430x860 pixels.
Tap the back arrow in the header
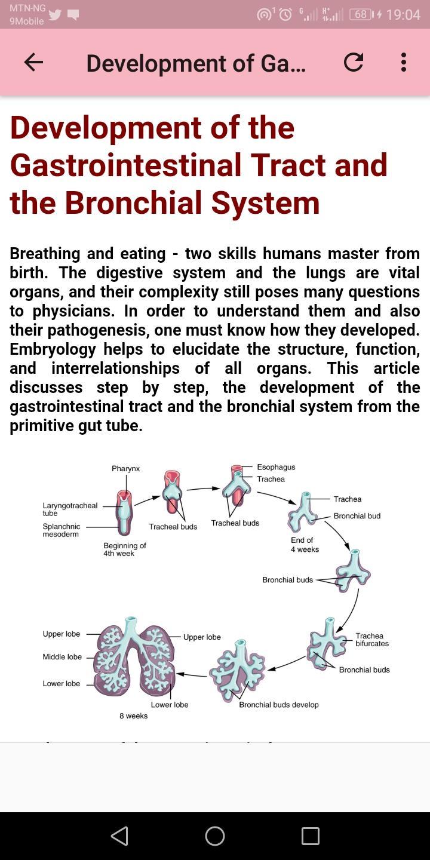coord(33,62)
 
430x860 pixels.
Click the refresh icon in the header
coord(353,62)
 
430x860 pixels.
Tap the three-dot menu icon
coord(403,62)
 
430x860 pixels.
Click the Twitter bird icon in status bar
coord(56,14)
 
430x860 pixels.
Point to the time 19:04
coord(403,14)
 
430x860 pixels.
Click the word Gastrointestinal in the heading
coord(127,165)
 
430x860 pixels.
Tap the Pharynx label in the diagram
coord(125,469)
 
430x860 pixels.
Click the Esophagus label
coord(276,467)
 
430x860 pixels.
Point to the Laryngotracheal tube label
coord(70,509)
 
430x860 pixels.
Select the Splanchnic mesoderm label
coord(62,530)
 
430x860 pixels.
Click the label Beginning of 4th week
coord(125,549)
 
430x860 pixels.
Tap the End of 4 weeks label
coord(305,545)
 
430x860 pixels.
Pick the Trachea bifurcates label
coord(372,640)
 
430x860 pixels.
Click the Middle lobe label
coord(62,657)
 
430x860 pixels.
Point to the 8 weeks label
coord(134,716)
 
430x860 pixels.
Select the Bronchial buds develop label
coord(279,705)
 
